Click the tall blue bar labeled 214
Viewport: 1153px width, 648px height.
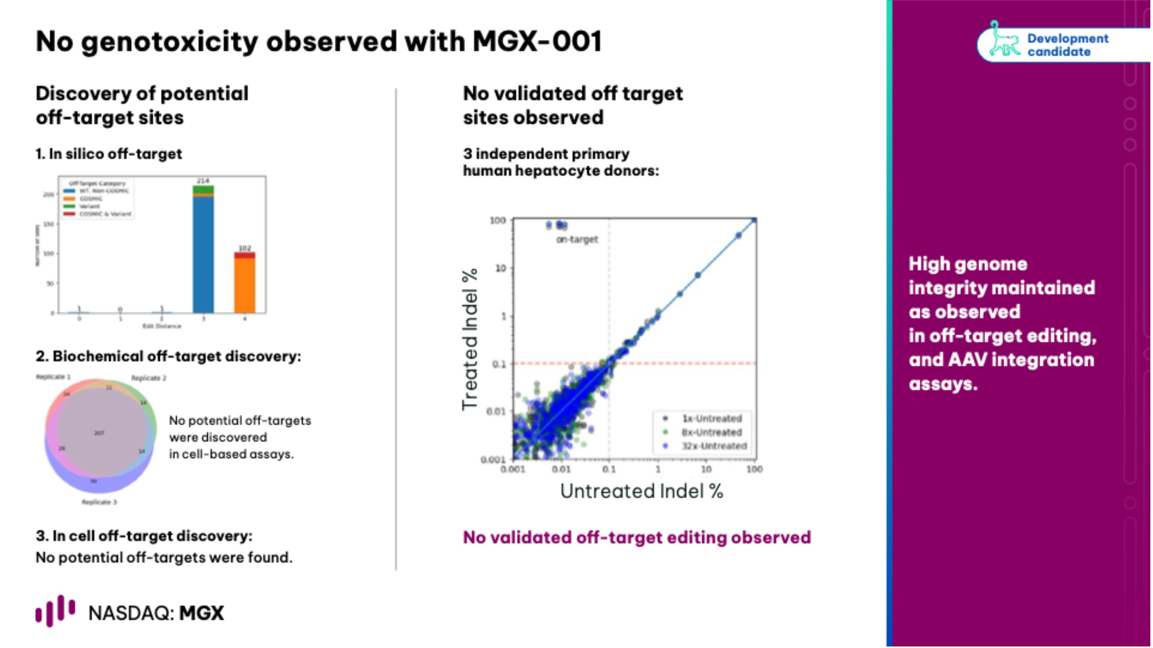click(x=203, y=255)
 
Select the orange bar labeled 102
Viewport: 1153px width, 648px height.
click(x=245, y=286)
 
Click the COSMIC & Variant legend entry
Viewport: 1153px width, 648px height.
click(x=105, y=214)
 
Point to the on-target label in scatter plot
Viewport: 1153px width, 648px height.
click(x=577, y=240)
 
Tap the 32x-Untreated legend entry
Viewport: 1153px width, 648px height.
click(x=713, y=446)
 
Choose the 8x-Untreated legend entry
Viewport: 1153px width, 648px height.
click(x=711, y=433)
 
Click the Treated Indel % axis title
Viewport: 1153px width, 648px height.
click(x=470, y=340)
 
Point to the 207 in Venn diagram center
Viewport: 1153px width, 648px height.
click(x=99, y=433)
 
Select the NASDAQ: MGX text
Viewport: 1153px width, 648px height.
click(x=156, y=613)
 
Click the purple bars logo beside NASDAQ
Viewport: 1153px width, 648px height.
click(x=55, y=610)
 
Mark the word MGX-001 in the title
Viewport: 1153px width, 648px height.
click(x=537, y=41)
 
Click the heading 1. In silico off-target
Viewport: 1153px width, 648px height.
click(x=109, y=154)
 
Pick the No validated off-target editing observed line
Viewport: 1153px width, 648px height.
click(x=636, y=537)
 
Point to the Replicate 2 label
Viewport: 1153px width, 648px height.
click(x=149, y=378)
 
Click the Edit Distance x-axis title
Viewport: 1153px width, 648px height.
click(x=162, y=326)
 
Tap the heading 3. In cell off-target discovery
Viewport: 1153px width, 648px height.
click(x=144, y=536)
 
